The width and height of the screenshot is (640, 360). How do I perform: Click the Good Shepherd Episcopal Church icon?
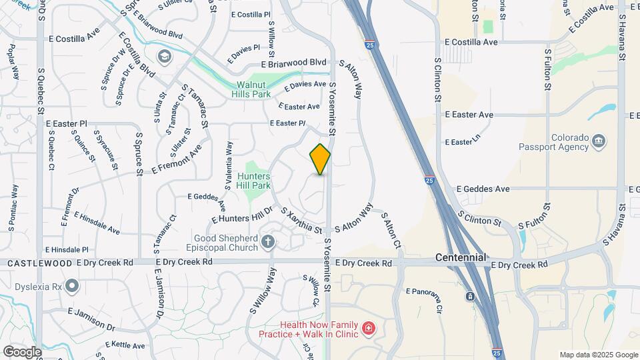pyautogui.click(x=268, y=242)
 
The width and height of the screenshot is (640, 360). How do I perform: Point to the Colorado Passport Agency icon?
pyautogui.click(x=598, y=141)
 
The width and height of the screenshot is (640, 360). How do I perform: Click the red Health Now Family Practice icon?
pyautogui.click(x=368, y=328)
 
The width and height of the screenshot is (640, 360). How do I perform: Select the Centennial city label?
pyautogui.click(x=460, y=257)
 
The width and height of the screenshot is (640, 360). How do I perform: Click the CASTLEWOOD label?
pyautogui.click(x=39, y=263)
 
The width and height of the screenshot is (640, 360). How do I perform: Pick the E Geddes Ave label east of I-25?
pyautogui.click(x=483, y=189)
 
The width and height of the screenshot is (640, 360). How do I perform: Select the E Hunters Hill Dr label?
pyautogui.click(x=243, y=214)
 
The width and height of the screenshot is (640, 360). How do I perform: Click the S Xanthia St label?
pyautogui.click(x=305, y=221)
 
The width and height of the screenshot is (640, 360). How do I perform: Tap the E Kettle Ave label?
pyautogui.click(x=125, y=345)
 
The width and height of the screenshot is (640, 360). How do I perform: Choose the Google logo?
pyautogui.click(x=22, y=352)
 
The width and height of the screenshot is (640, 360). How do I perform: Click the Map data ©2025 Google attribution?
pyautogui.click(x=599, y=355)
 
